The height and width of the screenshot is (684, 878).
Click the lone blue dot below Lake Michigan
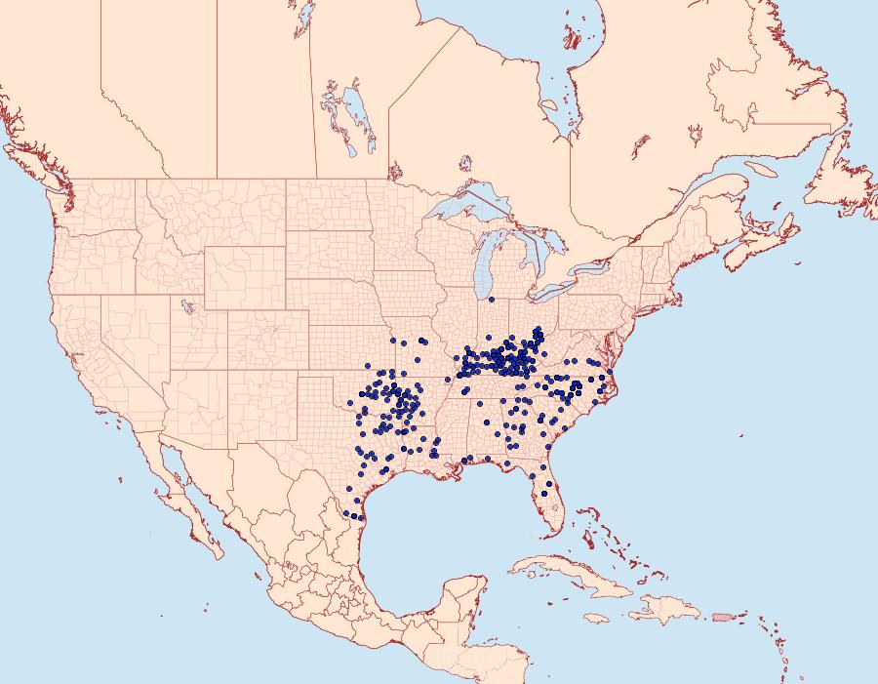[x=492, y=300]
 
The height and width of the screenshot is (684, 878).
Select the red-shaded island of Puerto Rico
[x=721, y=617]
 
